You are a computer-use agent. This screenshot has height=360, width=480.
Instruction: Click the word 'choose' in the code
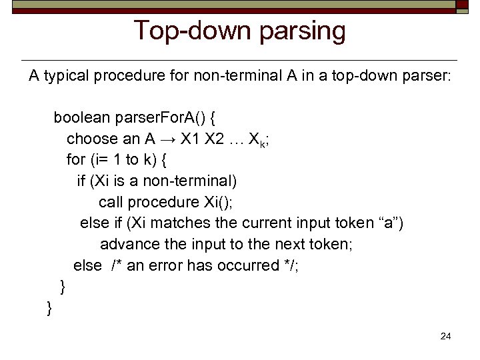click(90, 139)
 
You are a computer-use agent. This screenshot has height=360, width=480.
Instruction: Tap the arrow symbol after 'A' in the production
click(169, 139)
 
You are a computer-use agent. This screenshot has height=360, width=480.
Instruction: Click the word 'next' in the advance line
click(301, 244)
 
